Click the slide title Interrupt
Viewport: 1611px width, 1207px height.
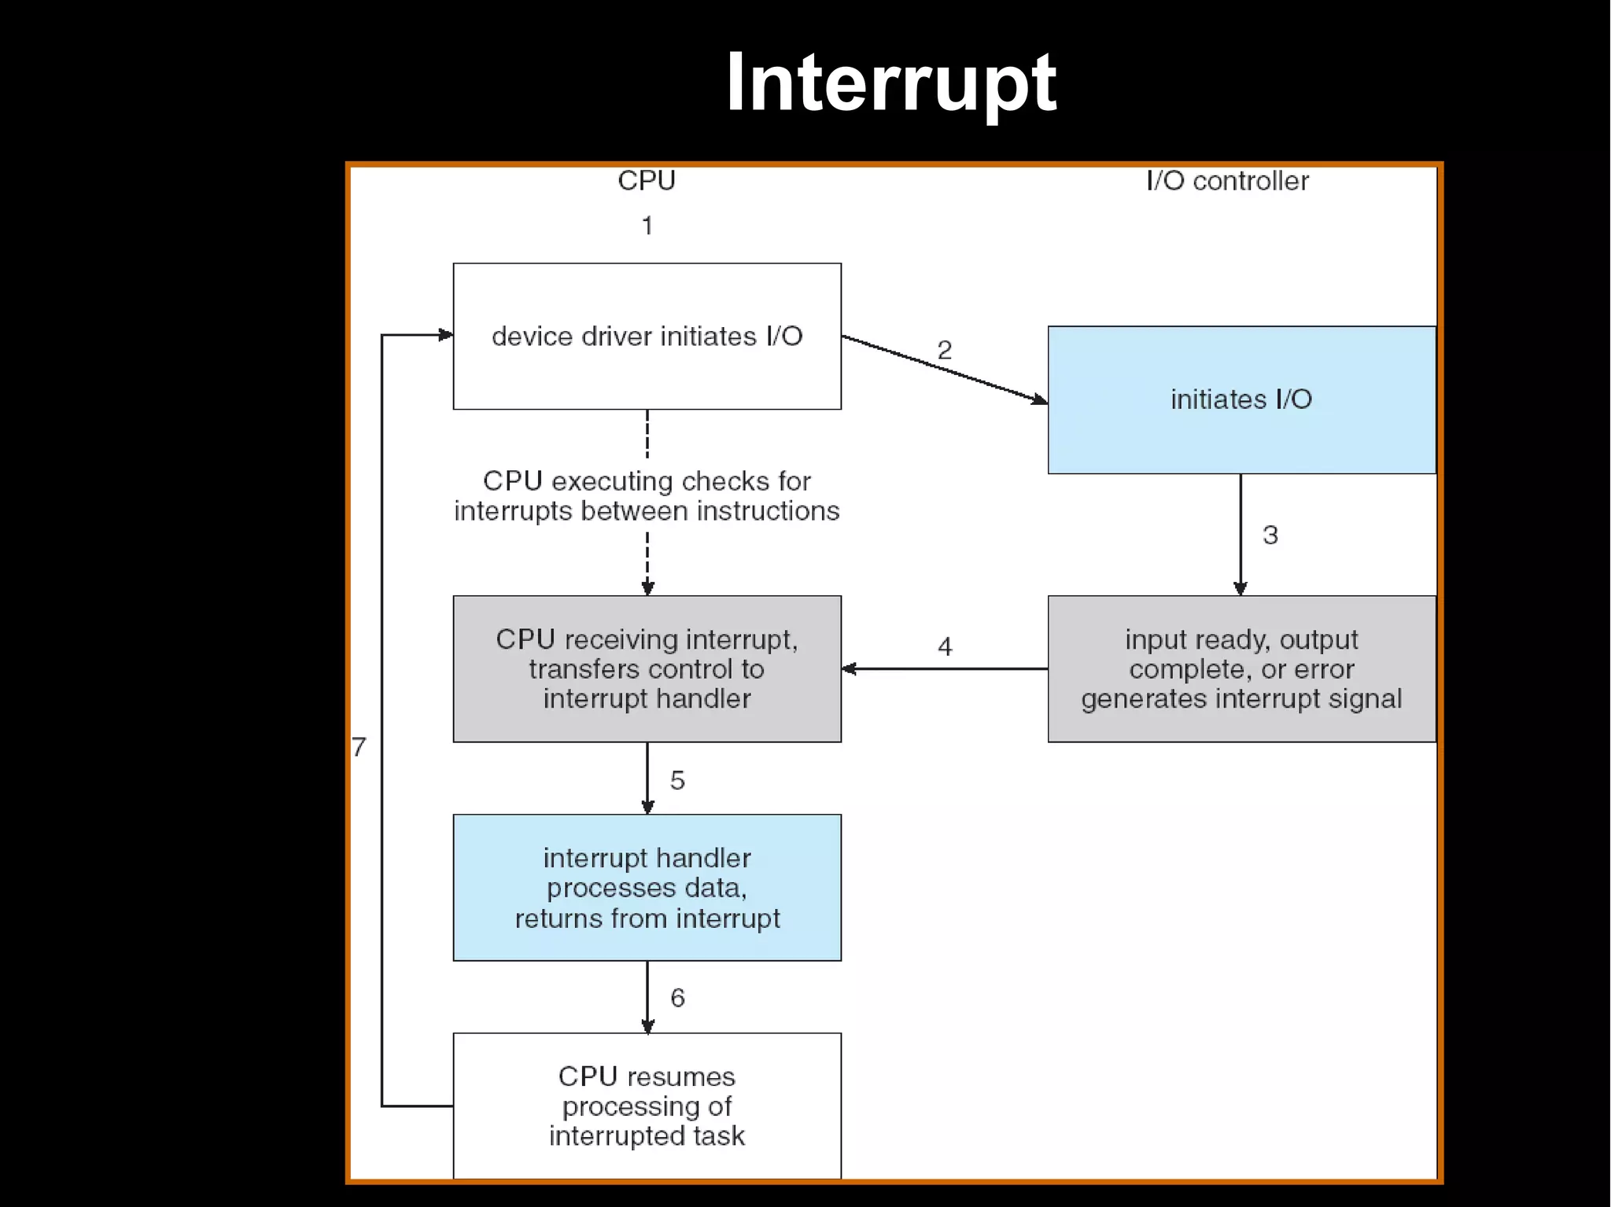(890, 83)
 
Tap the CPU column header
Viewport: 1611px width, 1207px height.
(646, 181)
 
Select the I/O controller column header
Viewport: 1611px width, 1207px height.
(1227, 181)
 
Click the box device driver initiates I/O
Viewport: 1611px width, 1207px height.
(647, 337)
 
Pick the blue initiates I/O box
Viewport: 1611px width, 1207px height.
(1241, 399)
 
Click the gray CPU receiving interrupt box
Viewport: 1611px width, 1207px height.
(647, 668)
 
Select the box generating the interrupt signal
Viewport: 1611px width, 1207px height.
(1241, 668)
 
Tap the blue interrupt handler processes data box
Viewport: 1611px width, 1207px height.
(647, 887)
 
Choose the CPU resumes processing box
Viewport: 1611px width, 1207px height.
(647, 1105)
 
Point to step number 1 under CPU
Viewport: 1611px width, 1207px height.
(647, 226)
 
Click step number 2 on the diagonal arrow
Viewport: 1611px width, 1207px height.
(945, 350)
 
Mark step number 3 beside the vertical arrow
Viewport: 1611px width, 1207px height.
(1270, 535)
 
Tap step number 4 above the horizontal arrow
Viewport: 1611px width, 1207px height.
(945, 647)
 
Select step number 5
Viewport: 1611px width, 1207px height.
(677, 780)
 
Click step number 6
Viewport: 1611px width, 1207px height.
(677, 998)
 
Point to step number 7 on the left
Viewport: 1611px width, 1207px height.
(359, 746)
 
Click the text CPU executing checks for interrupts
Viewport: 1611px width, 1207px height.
(647, 495)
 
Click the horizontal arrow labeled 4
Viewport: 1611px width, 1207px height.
(944, 669)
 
